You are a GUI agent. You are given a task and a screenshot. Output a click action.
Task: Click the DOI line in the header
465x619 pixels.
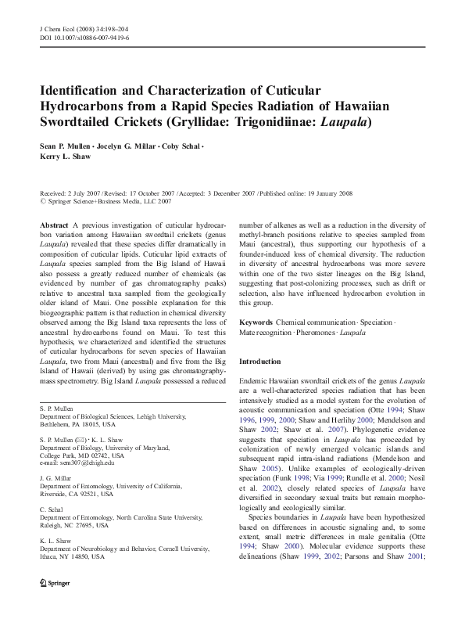(x=84, y=37)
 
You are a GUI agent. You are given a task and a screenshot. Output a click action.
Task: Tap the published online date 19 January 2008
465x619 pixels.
(x=323, y=193)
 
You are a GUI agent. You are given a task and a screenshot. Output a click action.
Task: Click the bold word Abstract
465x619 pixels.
(x=53, y=224)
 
